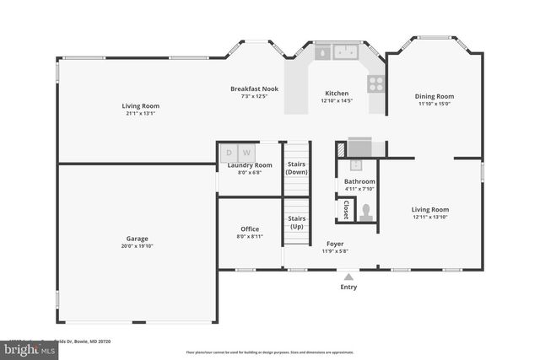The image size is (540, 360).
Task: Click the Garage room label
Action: tap(137, 239)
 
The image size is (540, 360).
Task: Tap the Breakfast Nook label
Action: tap(255, 89)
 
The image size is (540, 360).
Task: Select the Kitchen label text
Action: tap(337, 94)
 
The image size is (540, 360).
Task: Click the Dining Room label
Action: tap(434, 96)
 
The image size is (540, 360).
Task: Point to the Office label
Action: tap(249, 229)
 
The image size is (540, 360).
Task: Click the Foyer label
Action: tap(334, 244)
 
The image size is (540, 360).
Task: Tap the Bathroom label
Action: tap(359, 181)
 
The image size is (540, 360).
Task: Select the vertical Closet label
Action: tap(345, 209)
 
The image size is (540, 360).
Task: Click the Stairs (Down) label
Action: tap(296, 168)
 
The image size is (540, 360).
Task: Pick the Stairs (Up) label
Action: tap(296, 223)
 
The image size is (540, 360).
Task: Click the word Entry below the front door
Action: tap(348, 287)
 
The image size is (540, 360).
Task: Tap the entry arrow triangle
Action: tap(348, 276)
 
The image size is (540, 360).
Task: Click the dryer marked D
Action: tap(229, 153)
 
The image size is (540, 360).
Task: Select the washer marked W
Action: tap(247, 153)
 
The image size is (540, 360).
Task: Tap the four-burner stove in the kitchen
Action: tap(375, 83)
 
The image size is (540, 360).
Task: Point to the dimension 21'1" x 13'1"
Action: tap(142, 114)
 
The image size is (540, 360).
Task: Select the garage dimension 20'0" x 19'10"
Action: tap(137, 246)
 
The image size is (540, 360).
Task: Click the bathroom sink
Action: tap(357, 164)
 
